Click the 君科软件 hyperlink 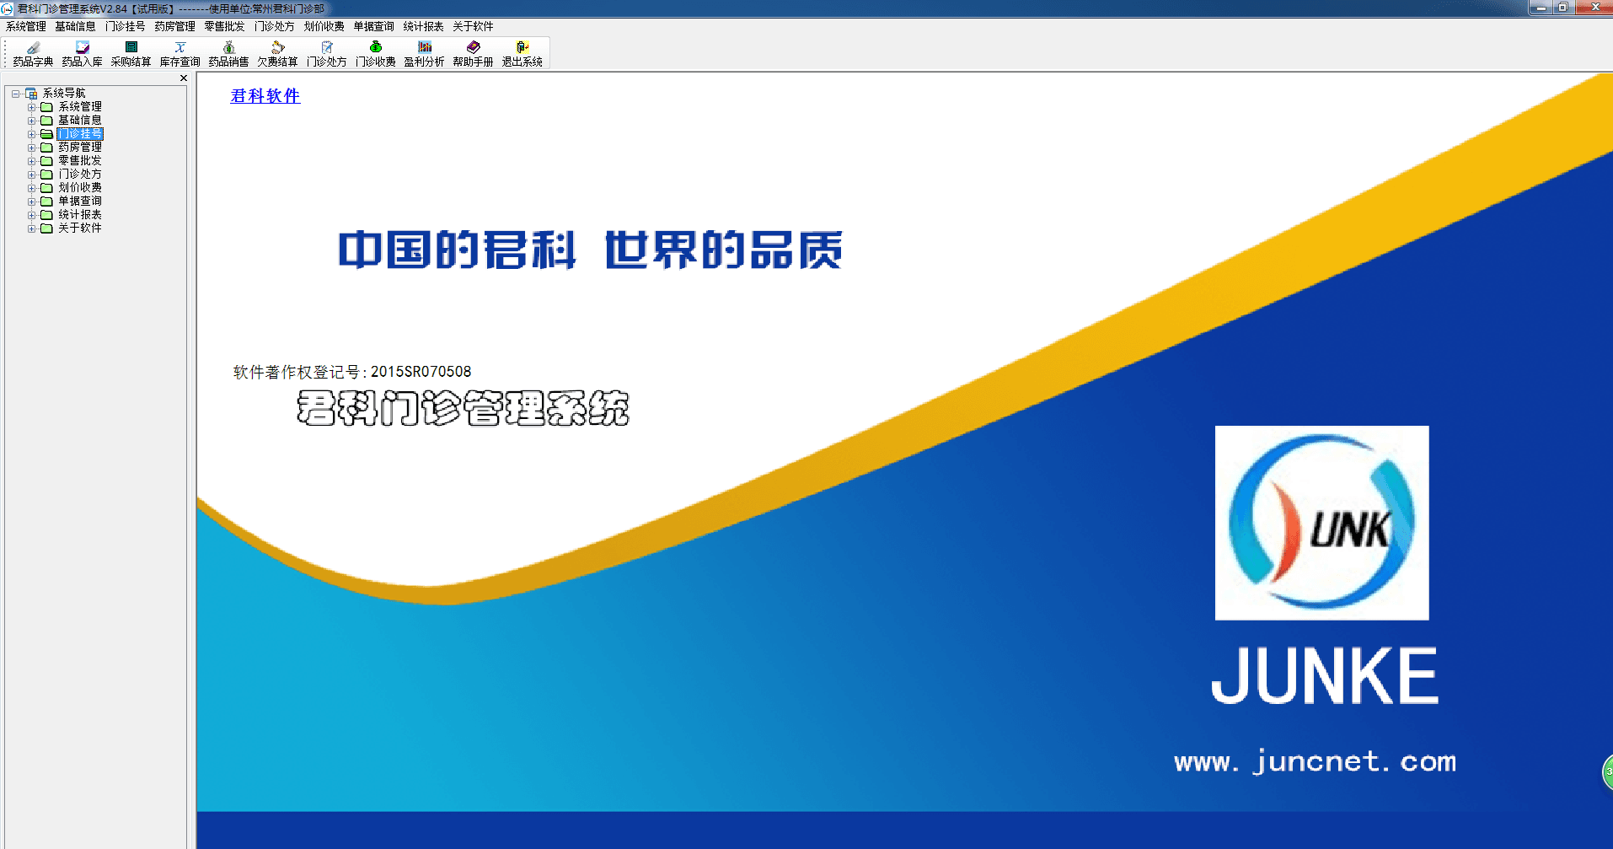click(x=265, y=96)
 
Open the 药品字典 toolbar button click(x=33, y=54)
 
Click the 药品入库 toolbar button click(x=82, y=54)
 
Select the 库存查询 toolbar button click(x=180, y=54)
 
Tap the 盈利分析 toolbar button click(x=424, y=54)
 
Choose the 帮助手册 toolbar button click(x=473, y=54)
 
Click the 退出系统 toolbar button click(x=522, y=54)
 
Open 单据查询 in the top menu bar click(x=373, y=26)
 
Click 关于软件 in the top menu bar click(x=473, y=26)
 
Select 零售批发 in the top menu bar click(x=224, y=26)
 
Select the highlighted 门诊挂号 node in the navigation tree click(x=80, y=133)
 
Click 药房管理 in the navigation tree click(x=80, y=147)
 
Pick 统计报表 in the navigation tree click(x=80, y=214)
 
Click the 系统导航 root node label click(x=64, y=93)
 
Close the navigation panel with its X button click(x=184, y=78)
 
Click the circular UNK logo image click(x=1321, y=523)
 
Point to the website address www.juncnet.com click(x=1315, y=761)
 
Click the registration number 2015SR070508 click(x=421, y=372)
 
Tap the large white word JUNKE click(x=1325, y=675)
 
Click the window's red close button click(x=1594, y=7)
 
